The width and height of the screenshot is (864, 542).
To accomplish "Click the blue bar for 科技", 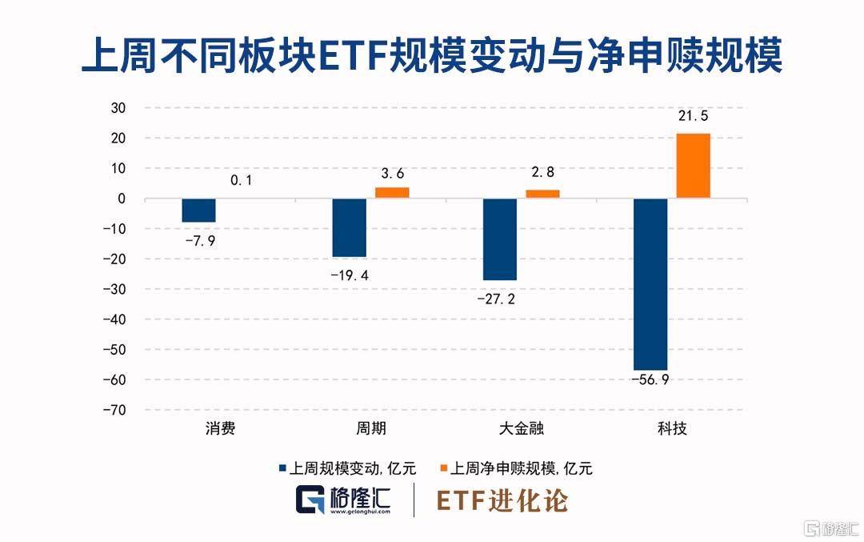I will tap(650, 283).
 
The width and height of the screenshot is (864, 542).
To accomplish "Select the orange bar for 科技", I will tap(693, 166).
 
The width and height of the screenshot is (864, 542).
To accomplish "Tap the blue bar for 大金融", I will tap(500, 239).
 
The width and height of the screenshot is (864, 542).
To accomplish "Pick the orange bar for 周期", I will tap(392, 193).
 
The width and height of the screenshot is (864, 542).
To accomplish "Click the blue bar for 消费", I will tap(198, 211).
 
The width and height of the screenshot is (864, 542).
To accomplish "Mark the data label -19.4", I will tap(350, 275).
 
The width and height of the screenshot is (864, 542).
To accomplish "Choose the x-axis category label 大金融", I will tap(521, 428).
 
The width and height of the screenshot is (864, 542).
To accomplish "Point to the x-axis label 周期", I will tap(370, 428).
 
